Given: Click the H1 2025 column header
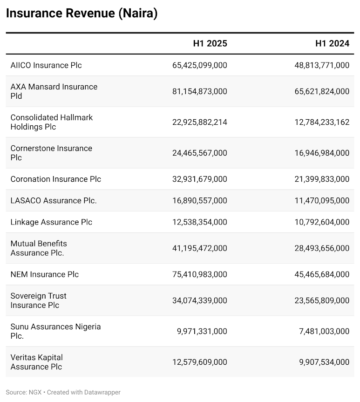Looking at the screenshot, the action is coord(210,43).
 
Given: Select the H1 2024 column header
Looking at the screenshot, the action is coord(333,43).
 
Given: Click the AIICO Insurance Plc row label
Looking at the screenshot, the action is coord(46,65).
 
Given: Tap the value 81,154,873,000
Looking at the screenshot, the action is coord(199,91).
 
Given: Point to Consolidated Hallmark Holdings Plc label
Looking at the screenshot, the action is coord(52,122).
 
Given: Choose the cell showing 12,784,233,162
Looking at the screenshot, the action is coord(322,122).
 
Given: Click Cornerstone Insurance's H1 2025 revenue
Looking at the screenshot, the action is coord(199,153).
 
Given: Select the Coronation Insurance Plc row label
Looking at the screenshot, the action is coord(55,179).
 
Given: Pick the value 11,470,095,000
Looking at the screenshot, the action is coord(322,200).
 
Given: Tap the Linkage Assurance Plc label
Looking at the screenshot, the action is coord(51,222).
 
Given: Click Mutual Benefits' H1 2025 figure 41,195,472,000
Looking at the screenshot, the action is coord(199,248).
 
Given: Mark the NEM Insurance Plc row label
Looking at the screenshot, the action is coord(45,274).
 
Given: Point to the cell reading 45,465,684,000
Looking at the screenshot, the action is coord(322,274).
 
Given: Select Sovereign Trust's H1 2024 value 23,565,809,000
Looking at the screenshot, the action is coord(322,300).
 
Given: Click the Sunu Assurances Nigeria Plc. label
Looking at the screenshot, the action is coord(55,331).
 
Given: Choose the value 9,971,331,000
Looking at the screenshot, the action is coord(202,331).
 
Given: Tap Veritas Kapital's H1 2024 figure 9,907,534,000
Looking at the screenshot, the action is coord(324,362).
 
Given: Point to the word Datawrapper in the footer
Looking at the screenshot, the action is coord(102,392).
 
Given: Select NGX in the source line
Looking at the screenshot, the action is coord(35,392).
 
